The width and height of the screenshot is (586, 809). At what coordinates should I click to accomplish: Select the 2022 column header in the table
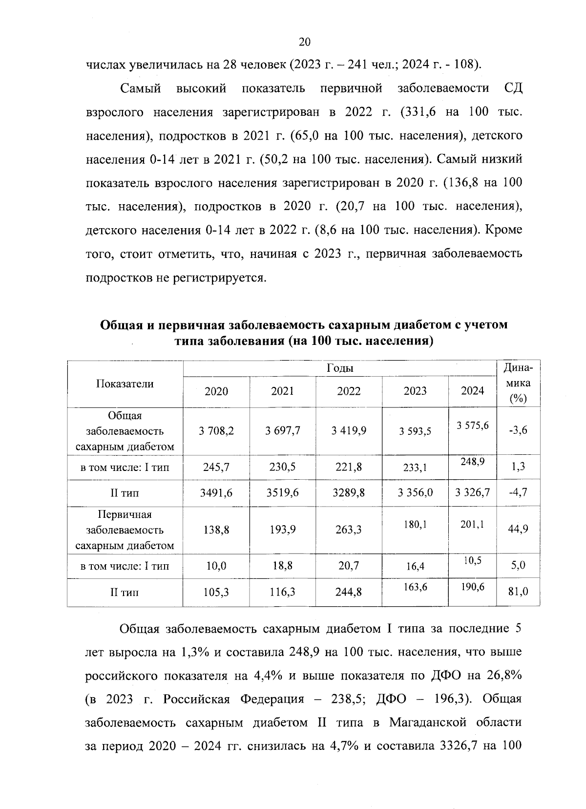349,391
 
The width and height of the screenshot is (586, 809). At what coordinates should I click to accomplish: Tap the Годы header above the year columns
340,368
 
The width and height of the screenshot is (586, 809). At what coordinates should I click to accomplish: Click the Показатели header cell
125,384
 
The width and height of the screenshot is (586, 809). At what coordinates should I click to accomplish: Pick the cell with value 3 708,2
216,430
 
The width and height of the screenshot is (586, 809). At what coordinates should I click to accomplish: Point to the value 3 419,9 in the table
349,430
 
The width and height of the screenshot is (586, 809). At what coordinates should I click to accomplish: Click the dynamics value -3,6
518,430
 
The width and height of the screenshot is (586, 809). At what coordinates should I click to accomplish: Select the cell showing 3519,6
283,492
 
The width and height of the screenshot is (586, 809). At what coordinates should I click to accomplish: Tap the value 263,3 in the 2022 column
349,529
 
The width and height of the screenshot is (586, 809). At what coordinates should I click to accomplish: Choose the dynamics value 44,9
518,529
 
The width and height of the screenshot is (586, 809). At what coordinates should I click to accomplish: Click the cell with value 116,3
283,592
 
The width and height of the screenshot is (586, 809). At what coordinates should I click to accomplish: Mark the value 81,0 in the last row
518,592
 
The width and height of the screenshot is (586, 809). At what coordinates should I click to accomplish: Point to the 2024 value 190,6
473,587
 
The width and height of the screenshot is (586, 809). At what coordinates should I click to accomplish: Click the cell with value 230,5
283,467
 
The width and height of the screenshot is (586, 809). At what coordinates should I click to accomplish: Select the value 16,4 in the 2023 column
415,567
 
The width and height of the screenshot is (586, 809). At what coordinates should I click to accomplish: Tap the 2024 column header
473,391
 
